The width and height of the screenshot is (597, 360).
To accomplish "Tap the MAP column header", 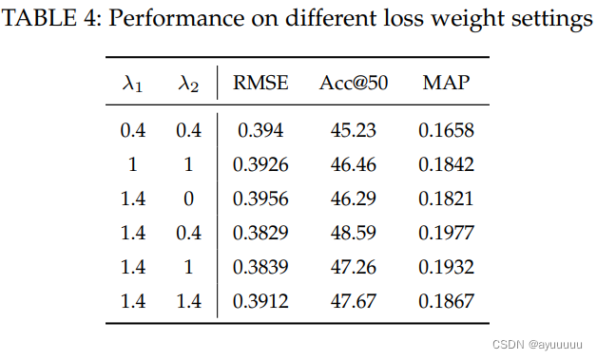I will (445, 84).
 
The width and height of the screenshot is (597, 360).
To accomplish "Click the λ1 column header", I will (133, 85).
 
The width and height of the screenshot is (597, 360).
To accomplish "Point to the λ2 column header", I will (188, 85).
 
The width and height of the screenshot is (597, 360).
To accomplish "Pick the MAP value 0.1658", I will (446, 130).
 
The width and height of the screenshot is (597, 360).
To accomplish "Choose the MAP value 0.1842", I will (446, 164).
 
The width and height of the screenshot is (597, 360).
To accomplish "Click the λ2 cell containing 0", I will (188, 199).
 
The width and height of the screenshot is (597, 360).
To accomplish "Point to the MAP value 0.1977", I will (446, 233).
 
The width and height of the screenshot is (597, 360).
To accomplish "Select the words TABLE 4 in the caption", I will (48, 21).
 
